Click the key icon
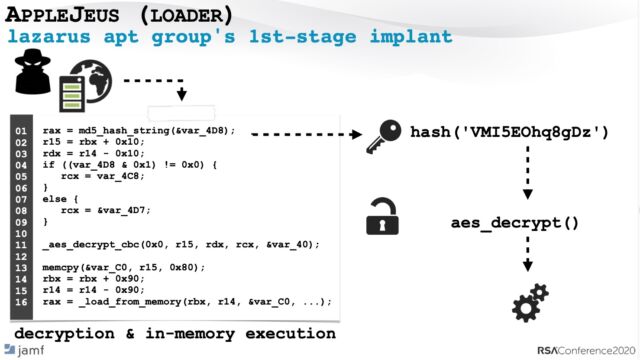382,133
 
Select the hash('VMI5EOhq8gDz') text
509,132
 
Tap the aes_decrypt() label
514,222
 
